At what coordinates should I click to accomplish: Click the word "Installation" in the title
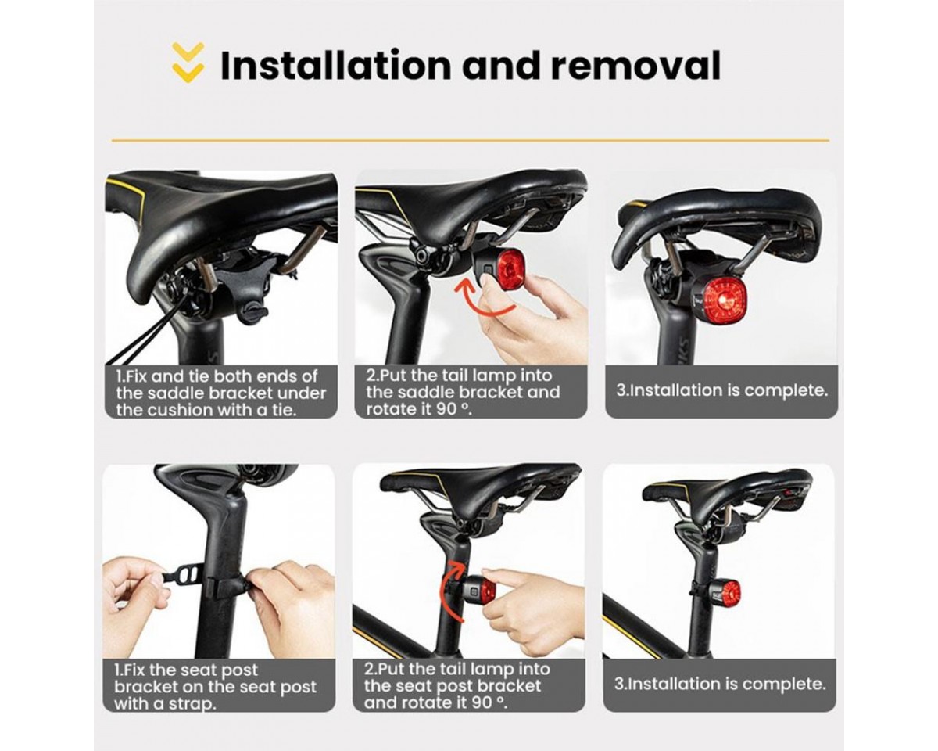(x=335, y=66)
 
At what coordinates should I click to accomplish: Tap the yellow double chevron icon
(x=188, y=63)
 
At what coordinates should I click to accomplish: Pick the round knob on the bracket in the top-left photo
(x=253, y=314)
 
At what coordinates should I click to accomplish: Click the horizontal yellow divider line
(x=471, y=141)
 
